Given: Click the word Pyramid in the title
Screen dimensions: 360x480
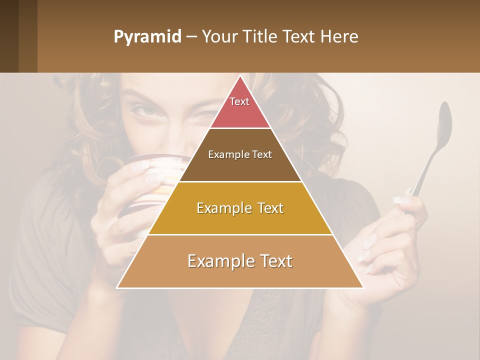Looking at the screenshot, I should (x=147, y=37).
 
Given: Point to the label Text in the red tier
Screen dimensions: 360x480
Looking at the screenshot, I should (x=239, y=101).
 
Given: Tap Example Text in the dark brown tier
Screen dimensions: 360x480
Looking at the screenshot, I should (x=240, y=154).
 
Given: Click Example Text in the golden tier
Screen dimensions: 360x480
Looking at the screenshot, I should (x=240, y=208).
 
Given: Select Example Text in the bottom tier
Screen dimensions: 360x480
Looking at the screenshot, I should (x=240, y=261).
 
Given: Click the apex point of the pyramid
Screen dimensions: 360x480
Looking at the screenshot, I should (x=240, y=76).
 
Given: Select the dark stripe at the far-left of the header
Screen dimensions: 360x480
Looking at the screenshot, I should (x=9, y=36).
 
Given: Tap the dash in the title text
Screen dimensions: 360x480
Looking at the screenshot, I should (x=191, y=37).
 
